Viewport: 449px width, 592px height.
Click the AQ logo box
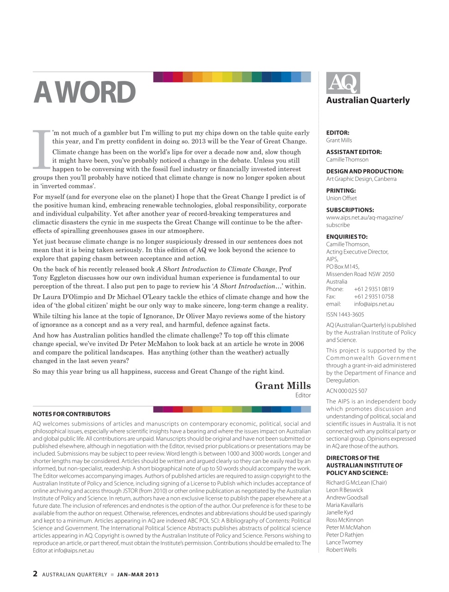(343, 83)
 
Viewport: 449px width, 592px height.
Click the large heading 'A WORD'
(85, 92)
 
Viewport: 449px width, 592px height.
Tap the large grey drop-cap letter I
(42, 149)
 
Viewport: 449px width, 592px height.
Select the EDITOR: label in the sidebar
(338, 133)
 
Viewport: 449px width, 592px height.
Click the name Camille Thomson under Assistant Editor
(347, 160)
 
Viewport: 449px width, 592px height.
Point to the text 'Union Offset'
(341, 198)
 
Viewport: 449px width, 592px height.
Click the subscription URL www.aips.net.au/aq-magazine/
(364, 217)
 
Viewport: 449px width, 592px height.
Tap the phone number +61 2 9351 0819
(374, 289)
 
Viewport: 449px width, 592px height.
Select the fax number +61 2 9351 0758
(374, 296)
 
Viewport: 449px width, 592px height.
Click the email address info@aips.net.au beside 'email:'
(374, 304)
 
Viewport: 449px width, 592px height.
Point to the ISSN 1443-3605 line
(345, 314)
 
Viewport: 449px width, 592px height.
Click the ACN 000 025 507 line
(346, 391)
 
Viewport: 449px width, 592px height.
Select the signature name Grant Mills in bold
(283, 386)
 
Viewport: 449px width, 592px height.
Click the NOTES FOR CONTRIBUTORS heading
(72, 414)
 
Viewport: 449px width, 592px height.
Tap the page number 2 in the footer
(35, 574)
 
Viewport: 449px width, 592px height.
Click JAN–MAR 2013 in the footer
(138, 574)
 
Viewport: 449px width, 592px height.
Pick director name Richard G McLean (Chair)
(356, 482)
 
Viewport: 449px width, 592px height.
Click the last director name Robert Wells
(341, 549)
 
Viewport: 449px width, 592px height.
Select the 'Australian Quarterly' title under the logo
(368, 100)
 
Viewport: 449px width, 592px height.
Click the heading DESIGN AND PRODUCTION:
(364, 171)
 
